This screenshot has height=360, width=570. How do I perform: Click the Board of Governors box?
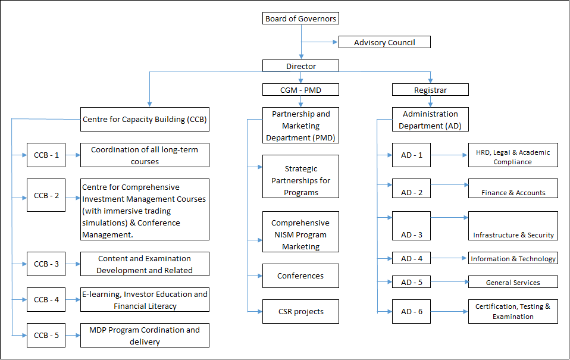300,18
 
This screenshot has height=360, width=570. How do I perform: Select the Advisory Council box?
384,42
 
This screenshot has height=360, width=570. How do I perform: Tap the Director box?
300,66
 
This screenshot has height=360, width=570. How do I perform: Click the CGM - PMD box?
300,90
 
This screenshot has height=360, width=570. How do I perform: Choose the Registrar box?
430,90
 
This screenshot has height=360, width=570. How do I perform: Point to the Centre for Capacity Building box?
145,119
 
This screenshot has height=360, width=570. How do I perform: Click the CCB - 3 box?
46,264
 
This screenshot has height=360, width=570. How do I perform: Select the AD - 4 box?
411,258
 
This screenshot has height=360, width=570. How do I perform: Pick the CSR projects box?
300,311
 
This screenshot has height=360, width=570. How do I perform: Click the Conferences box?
300,276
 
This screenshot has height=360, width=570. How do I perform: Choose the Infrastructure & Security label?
513,235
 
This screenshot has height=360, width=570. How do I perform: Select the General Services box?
513,282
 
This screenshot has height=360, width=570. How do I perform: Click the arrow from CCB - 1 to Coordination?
73,155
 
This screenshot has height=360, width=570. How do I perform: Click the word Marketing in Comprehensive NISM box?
300,246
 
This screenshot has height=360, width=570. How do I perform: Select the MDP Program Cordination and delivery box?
145,336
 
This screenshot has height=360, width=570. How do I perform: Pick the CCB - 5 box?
46,335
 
